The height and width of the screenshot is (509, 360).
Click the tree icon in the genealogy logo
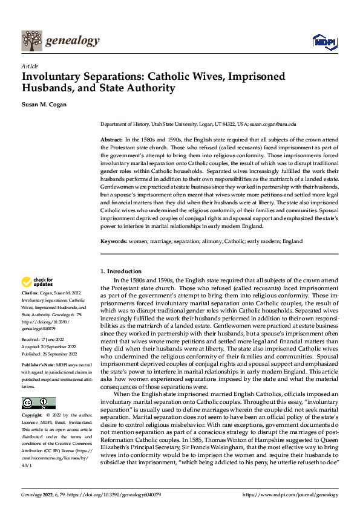[31, 41]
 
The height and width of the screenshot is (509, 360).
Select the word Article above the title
[29, 66]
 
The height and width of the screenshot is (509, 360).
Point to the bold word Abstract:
[111, 140]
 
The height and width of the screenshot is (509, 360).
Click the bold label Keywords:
[113, 241]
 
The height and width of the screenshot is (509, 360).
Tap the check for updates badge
[38, 282]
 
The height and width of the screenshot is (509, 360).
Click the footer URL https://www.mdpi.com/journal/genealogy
[290, 495]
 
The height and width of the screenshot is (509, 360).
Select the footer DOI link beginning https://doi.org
[115, 495]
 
